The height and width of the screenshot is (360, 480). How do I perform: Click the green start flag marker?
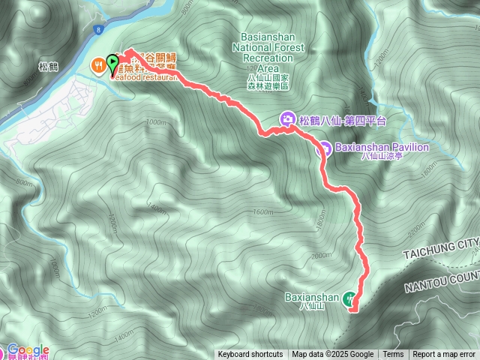(113, 63)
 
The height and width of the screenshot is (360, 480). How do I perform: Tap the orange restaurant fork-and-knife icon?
(99, 64)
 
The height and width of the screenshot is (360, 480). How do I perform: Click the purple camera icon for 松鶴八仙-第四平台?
(287, 119)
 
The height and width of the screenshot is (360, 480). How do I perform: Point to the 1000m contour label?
(156, 122)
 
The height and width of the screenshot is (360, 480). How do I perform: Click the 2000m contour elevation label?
(320, 256)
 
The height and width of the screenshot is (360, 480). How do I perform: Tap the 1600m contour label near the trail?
(263, 212)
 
